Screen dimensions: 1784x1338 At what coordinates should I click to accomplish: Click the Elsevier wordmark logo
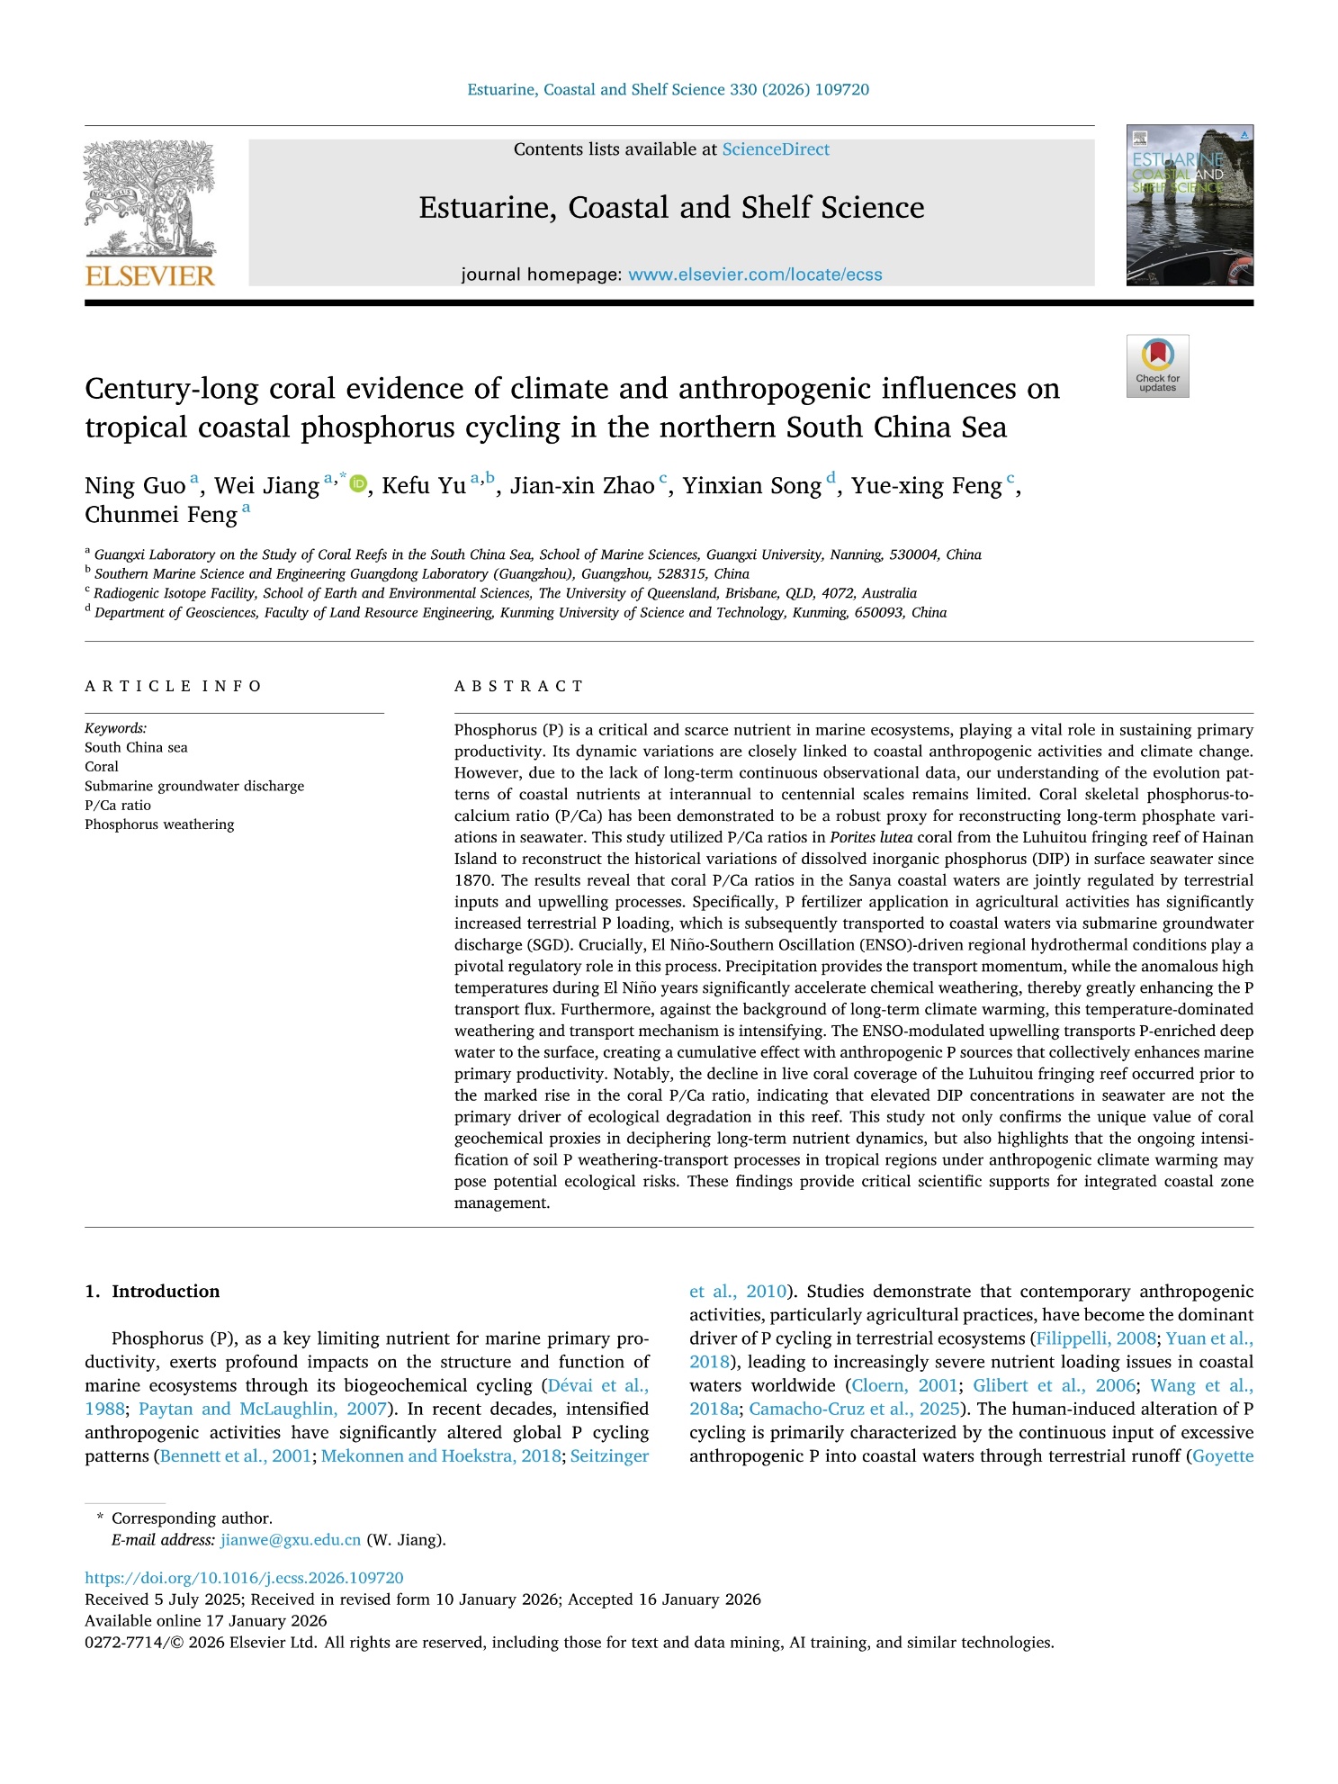(x=150, y=275)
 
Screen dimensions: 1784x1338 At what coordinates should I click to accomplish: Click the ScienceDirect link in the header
(x=776, y=149)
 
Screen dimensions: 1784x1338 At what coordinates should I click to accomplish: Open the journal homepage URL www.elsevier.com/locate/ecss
(x=755, y=275)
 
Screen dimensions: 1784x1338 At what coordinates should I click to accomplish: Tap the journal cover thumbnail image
(x=1189, y=205)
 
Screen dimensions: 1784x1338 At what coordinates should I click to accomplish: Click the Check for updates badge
(x=1157, y=365)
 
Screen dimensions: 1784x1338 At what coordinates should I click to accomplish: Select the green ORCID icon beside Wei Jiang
(x=358, y=484)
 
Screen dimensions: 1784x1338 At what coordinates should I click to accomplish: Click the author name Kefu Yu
(x=423, y=486)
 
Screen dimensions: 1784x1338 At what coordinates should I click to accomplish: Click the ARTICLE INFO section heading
(x=173, y=686)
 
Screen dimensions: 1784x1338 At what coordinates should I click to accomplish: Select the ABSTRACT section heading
(x=519, y=686)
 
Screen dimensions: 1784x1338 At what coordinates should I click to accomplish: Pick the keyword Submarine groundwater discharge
(x=194, y=786)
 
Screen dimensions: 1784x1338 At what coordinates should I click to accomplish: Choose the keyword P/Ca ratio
(x=118, y=806)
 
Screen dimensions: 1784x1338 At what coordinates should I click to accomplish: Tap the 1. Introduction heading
(x=152, y=1291)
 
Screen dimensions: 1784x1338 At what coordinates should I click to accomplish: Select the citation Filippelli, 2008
(x=1096, y=1338)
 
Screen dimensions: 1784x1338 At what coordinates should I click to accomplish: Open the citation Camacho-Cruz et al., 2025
(x=854, y=1409)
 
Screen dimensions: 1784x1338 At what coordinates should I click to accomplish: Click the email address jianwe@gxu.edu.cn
(x=291, y=1539)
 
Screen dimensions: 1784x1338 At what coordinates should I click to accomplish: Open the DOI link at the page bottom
(x=244, y=1578)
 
